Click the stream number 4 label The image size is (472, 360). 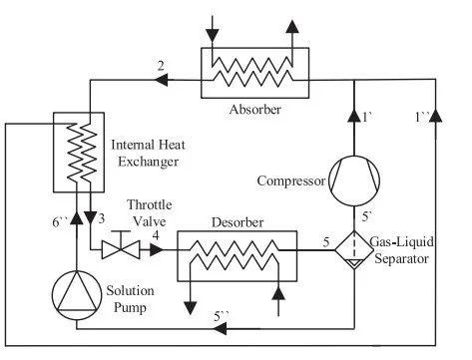tap(155, 235)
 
